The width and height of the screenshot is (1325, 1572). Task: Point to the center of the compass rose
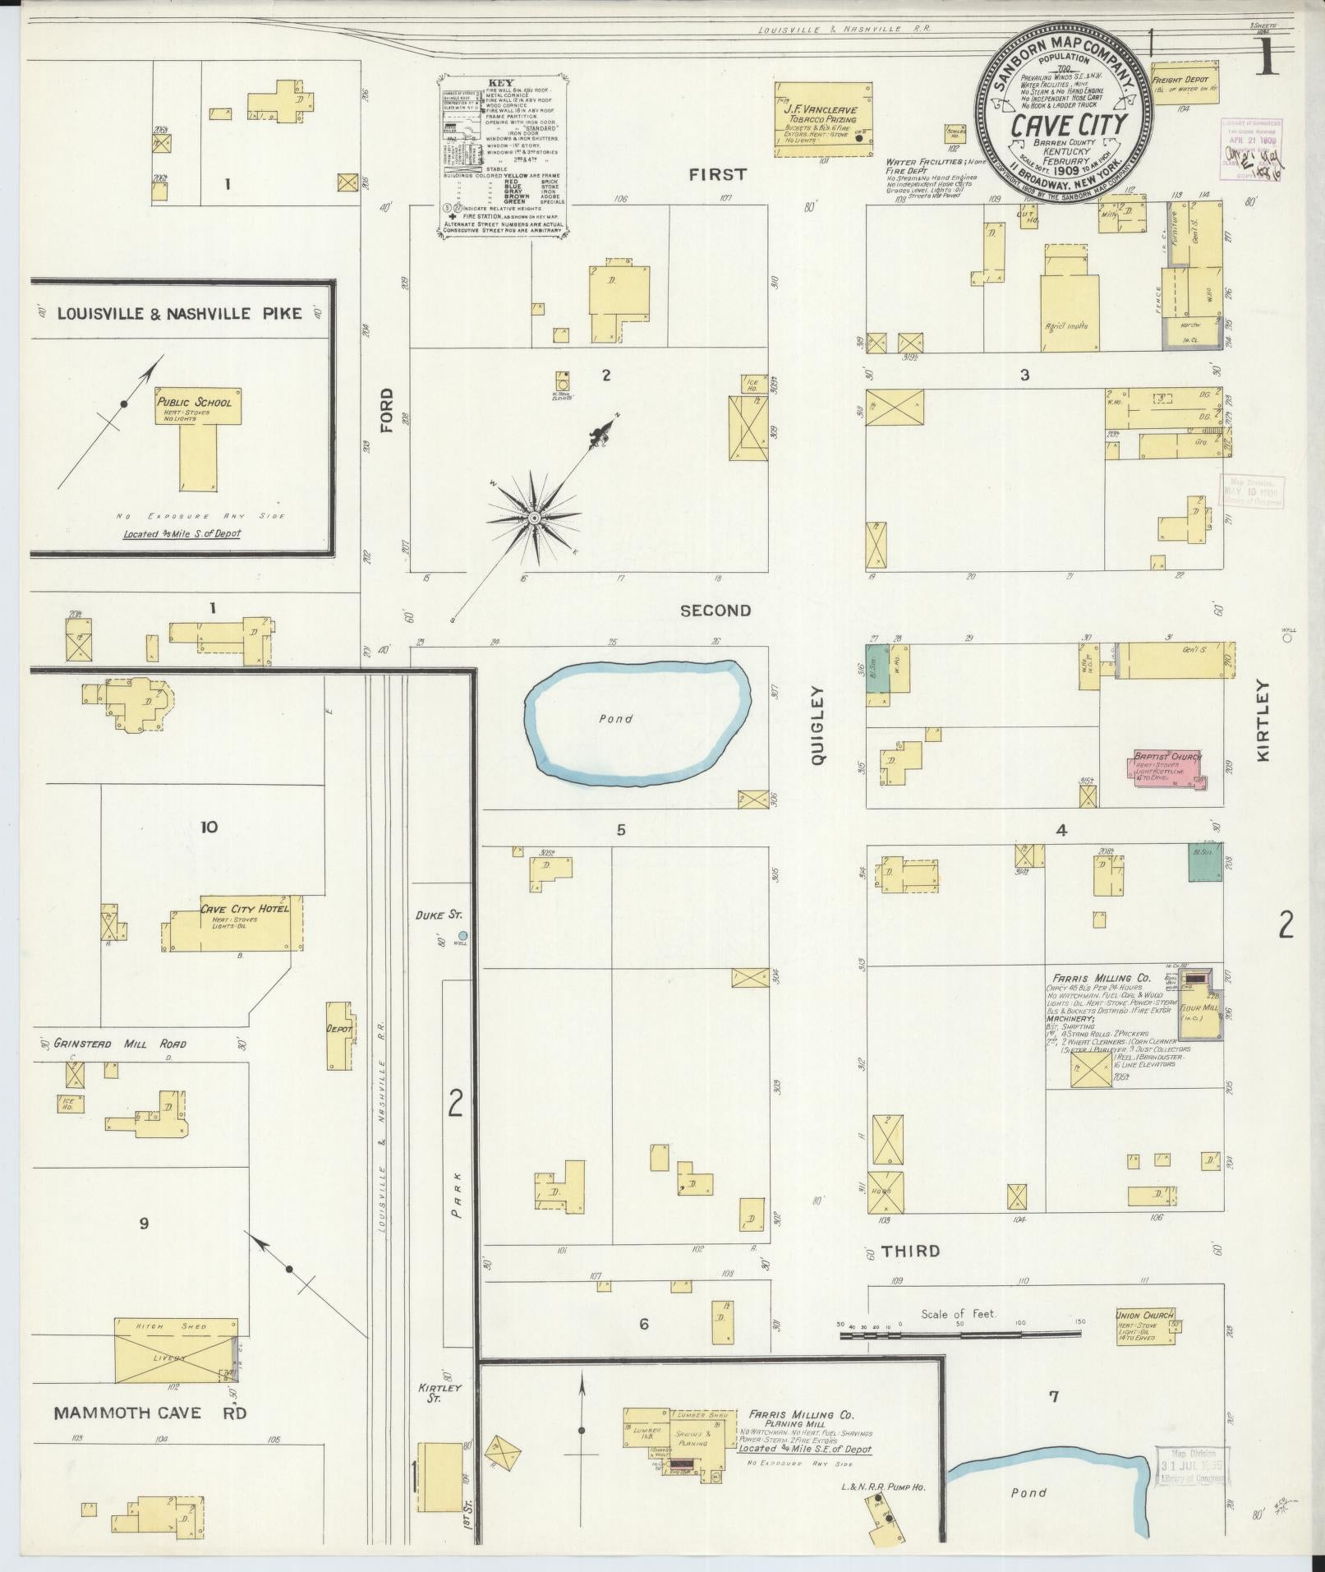[533, 518]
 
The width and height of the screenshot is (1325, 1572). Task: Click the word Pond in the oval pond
[616, 719]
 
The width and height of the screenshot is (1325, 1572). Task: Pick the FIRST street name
[717, 174]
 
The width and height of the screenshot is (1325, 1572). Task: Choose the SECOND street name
[715, 611]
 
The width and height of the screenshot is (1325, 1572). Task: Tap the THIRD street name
[910, 1275]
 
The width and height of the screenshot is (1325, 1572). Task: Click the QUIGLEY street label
[817, 727]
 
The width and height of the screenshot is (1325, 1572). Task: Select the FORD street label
[386, 411]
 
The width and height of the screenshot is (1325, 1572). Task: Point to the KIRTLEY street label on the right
[1263, 721]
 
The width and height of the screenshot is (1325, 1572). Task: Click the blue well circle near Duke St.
[462, 935]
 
